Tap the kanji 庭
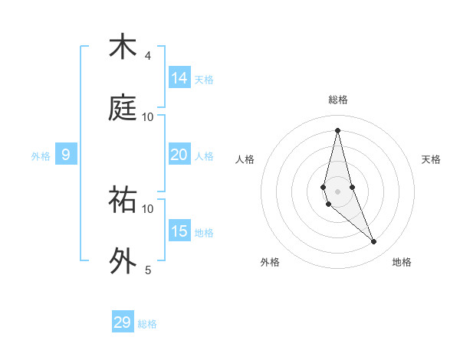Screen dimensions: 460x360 pos(123,107)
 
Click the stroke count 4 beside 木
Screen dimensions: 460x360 pos(148,56)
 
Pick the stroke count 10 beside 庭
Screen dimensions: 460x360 pos(148,117)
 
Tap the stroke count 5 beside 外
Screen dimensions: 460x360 pos(148,270)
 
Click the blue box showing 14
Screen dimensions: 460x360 pos(179,77)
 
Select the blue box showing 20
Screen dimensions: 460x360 pos(179,155)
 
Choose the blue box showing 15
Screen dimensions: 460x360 pos(179,231)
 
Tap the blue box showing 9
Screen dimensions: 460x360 pos(66,155)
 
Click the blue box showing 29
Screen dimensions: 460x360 pos(123,322)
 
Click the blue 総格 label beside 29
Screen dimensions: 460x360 pos(147,324)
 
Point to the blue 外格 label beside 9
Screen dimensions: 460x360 pos(41,156)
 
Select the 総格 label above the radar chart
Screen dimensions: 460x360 pos(338,100)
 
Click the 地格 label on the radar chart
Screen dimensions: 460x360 pos(402,263)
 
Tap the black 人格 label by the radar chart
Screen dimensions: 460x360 pos(245,159)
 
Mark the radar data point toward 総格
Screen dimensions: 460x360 pos(337,130)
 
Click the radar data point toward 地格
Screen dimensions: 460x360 pos(374,242)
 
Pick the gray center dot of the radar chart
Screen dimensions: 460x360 pos(337,191)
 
